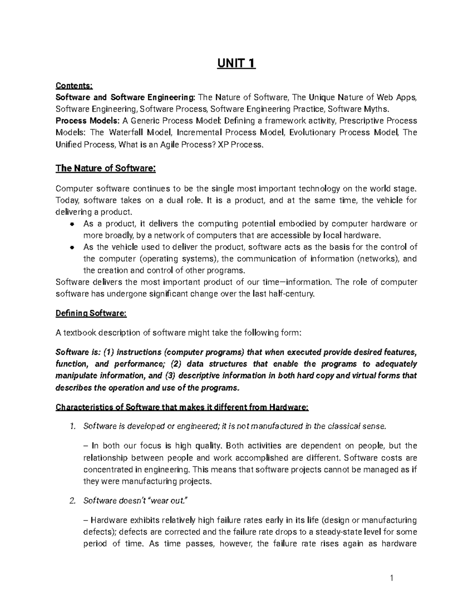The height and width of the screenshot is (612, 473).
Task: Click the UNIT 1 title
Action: click(x=236, y=63)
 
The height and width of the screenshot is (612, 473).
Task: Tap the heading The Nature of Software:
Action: click(x=106, y=169)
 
